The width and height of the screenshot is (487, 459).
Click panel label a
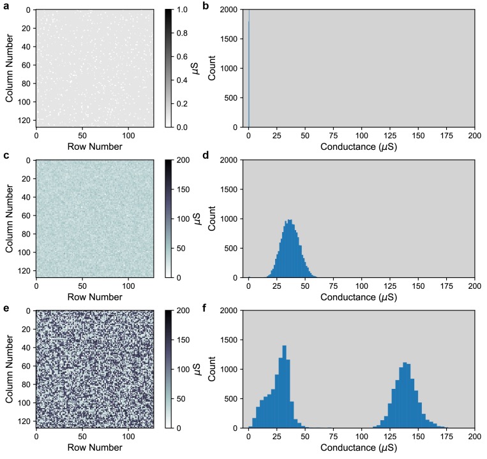tap(5, 6)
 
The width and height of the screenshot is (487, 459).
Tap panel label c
tap(5, 156)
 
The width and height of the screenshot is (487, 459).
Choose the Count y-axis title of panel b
tap(213, 68)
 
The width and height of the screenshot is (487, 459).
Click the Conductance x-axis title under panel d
tap(361, 296)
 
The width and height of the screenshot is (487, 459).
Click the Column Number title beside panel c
tap(10, 219)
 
